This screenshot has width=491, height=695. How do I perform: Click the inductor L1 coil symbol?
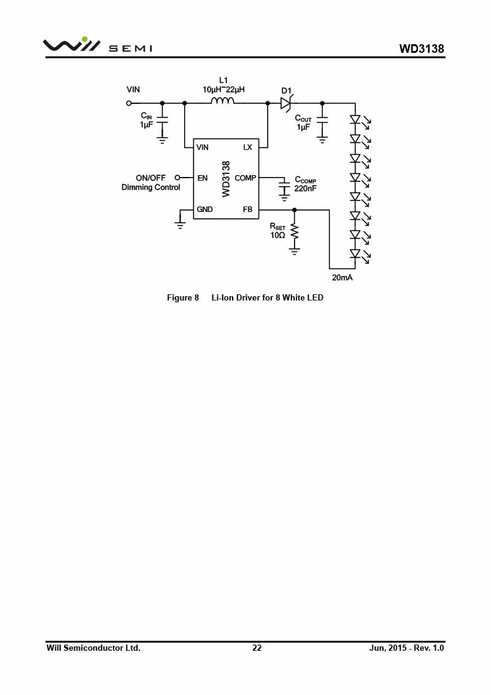click(x=222, y=101)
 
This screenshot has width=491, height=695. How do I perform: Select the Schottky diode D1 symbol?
click(x=286, y=104)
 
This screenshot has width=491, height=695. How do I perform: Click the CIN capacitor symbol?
click(x=163, y=120)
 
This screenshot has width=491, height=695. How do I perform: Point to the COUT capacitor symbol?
click(x=322, y=120)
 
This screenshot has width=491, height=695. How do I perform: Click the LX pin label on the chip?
click(x=247, y=147)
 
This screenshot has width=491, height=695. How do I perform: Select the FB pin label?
click(x=247, y=209)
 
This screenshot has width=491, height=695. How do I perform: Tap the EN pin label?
click(x=203, y=178)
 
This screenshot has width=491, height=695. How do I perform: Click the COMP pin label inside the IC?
click(x=245, y=178)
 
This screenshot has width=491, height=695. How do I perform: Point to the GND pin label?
click(x=204, y=209)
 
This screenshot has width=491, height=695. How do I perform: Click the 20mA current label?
click(x=342, y=278)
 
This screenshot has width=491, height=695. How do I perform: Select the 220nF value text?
click(x=306, y=189)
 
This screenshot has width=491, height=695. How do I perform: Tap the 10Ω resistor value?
click(x=277, y=235)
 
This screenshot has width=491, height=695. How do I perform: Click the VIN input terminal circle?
click(x=129, y=103)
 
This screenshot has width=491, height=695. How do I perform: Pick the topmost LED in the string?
click(x=355, y=120)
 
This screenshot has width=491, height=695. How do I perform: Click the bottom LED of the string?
click(x=355, y=254)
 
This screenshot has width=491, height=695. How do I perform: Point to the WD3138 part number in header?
click(x=422, y=49)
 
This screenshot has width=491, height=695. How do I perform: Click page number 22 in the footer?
click(x=257, y=648)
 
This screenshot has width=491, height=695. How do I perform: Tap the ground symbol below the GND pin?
click(x=180, y=223)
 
